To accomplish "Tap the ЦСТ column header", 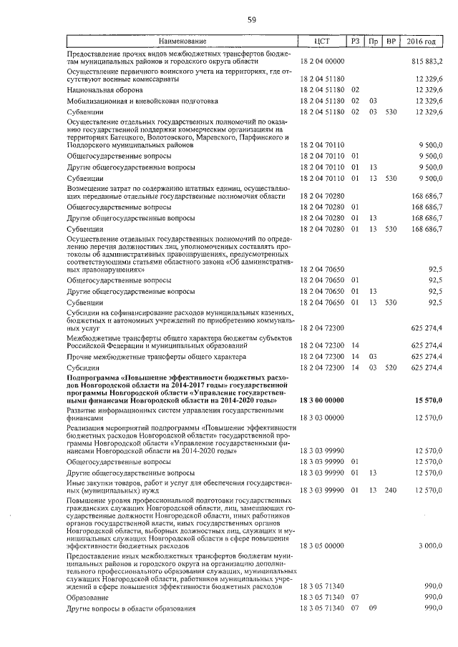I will (x=321, y=42).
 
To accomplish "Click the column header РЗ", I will (x=356, y=42).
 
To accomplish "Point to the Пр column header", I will (x=373, y=42).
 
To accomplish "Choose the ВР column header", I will (x=391, y=42).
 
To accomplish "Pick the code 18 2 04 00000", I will (x=322, y=62).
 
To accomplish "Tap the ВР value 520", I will (x=391, y=367).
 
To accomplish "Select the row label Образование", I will (x=87, y=596).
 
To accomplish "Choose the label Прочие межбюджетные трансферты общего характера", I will (x=156, y=356).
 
